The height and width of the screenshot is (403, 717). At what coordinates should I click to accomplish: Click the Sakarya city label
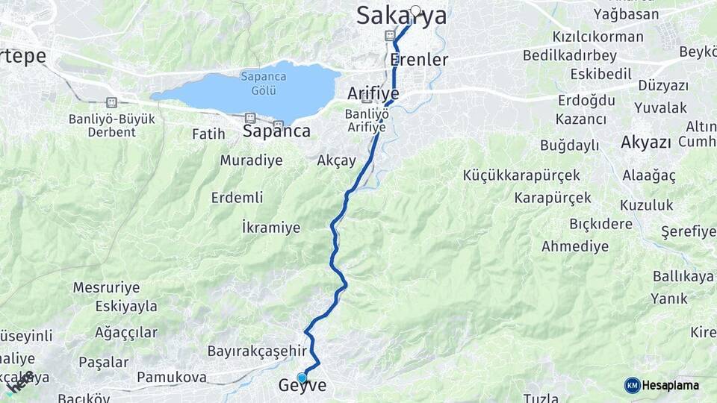(x=401, y=16)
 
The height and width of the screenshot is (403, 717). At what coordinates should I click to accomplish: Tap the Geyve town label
(x=302, y=386)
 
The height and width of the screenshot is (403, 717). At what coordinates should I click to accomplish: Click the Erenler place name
(x=419, y=60)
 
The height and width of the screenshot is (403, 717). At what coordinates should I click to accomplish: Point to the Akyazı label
(x=646, y=143)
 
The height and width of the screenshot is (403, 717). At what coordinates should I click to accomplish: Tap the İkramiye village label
(x=271, y=227)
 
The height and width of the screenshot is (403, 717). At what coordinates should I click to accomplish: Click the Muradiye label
(x=251, y=160)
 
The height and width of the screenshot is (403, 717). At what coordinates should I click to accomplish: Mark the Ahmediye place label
(x=575, y=246)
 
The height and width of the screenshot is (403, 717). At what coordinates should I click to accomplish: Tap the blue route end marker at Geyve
(x=302, y=378)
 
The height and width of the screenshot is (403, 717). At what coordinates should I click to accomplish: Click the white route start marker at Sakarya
(x=415, y=11)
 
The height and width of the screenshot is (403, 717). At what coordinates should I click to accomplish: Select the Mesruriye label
(x=106, y=287)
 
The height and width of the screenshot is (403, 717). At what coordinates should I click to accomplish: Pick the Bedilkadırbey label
(x=570, y=56)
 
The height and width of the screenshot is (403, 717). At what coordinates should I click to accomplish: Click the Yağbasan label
(x=626, y=14)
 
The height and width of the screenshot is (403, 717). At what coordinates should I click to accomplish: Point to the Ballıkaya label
(x=683, y=276)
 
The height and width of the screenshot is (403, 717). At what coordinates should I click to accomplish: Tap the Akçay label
(x=336, y=160)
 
